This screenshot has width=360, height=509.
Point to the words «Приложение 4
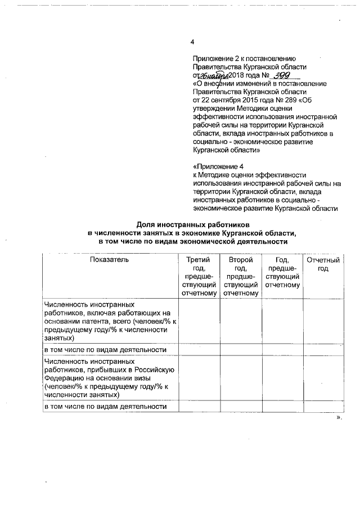pos(218,167)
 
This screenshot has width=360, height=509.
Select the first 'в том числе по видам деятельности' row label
pos(106,349)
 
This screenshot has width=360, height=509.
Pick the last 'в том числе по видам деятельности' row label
pos(106,406)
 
